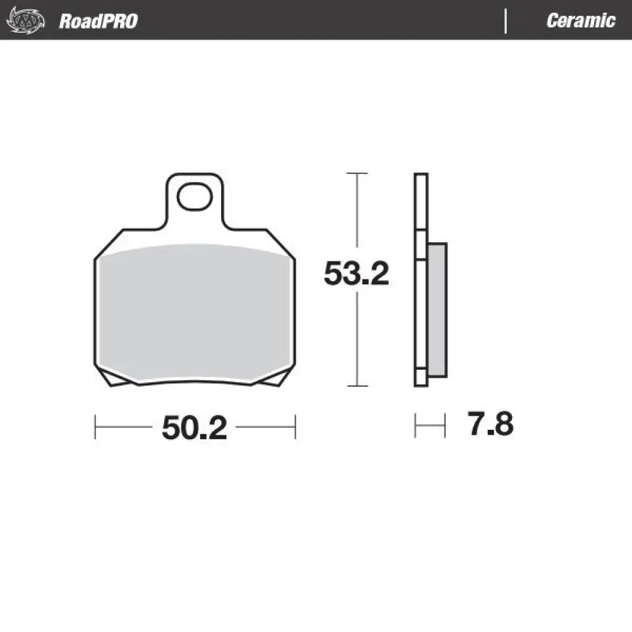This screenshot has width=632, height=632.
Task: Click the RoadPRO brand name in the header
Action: tap(98, 21)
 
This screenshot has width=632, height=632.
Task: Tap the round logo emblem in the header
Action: tap(25, 20)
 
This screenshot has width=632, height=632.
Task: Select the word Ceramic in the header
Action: tap(580, 21)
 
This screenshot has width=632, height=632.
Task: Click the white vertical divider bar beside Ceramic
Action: tap(506, 21)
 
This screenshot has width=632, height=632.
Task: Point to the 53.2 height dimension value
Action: tap(356, 274)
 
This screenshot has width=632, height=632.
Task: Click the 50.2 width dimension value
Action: tap(194, 428)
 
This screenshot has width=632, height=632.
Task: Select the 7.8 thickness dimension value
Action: tap(490, 425)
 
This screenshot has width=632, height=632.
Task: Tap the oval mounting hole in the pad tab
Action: tap(194, 197)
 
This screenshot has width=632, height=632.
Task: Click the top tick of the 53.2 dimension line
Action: tap(358, 173)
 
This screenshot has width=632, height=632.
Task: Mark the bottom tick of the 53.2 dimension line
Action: tap(358, 386)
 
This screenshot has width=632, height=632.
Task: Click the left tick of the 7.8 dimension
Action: tap(415, 425)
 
